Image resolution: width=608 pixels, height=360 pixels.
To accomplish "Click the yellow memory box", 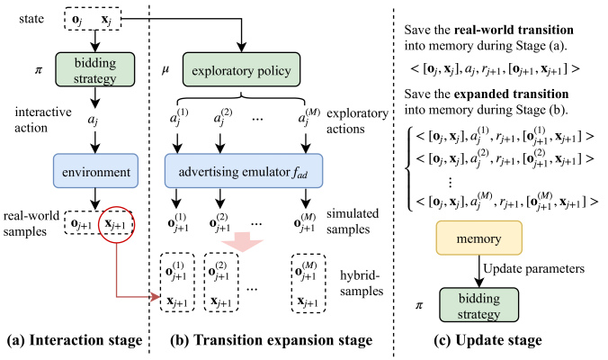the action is click(478, 238).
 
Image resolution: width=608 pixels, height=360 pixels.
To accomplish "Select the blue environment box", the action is click(95, 171).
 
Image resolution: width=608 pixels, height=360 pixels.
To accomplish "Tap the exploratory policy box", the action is click(241, 70).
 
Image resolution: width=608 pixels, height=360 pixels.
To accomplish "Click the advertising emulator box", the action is click(244, 171).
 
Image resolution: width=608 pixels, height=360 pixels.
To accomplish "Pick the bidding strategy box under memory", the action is click(478, 305).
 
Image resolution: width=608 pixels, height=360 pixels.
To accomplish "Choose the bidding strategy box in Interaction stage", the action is click(95, 70).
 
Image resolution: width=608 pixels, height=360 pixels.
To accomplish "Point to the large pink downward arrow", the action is click(242, 242).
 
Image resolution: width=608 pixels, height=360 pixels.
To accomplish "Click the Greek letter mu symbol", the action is click(165, 71).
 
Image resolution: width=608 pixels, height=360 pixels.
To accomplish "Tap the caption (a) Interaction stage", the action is click(75, 340).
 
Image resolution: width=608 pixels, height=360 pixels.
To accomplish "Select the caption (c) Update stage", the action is click(487, 340).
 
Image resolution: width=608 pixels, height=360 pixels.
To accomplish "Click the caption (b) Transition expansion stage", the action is click(271, 340).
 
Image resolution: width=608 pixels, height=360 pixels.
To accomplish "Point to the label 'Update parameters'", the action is click(533, 269).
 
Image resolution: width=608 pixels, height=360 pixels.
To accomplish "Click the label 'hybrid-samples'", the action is click(362, 283).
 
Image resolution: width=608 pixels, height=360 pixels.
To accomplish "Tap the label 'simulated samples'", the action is click(353, 221).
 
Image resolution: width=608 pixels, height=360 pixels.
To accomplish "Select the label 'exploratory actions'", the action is click(357, 121).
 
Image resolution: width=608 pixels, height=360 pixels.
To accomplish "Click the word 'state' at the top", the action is click(31, 19).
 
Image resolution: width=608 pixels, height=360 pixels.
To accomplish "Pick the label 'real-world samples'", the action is click(31, 224).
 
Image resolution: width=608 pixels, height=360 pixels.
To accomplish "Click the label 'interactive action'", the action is click(43, 120).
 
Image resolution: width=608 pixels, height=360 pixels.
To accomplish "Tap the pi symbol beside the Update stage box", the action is click(419, 306).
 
